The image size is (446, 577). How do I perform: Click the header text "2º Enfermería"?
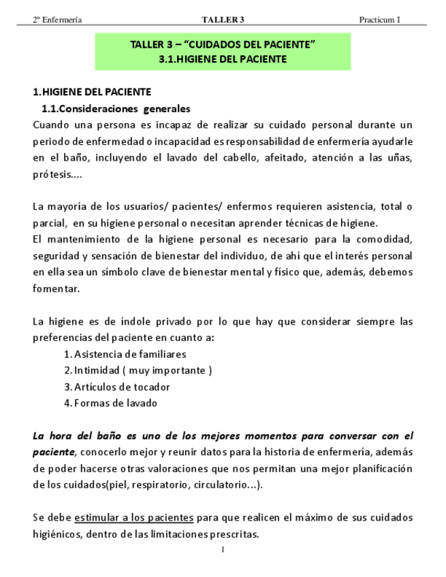point(58,19)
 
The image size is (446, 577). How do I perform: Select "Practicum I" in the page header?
point(380,19)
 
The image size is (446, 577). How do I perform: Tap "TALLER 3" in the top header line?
point(223,19)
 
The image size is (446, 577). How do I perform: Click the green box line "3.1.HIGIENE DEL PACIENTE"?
point(223,59)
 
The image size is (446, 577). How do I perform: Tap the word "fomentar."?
point(56,288)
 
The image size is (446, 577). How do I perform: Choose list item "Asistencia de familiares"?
point(129,354)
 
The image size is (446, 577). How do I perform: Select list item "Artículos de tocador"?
point(122,386)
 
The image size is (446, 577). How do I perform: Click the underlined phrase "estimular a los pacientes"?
point(135,518)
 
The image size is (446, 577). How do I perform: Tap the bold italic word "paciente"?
point(54,452)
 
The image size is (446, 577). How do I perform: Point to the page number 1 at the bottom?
point(223,550)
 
